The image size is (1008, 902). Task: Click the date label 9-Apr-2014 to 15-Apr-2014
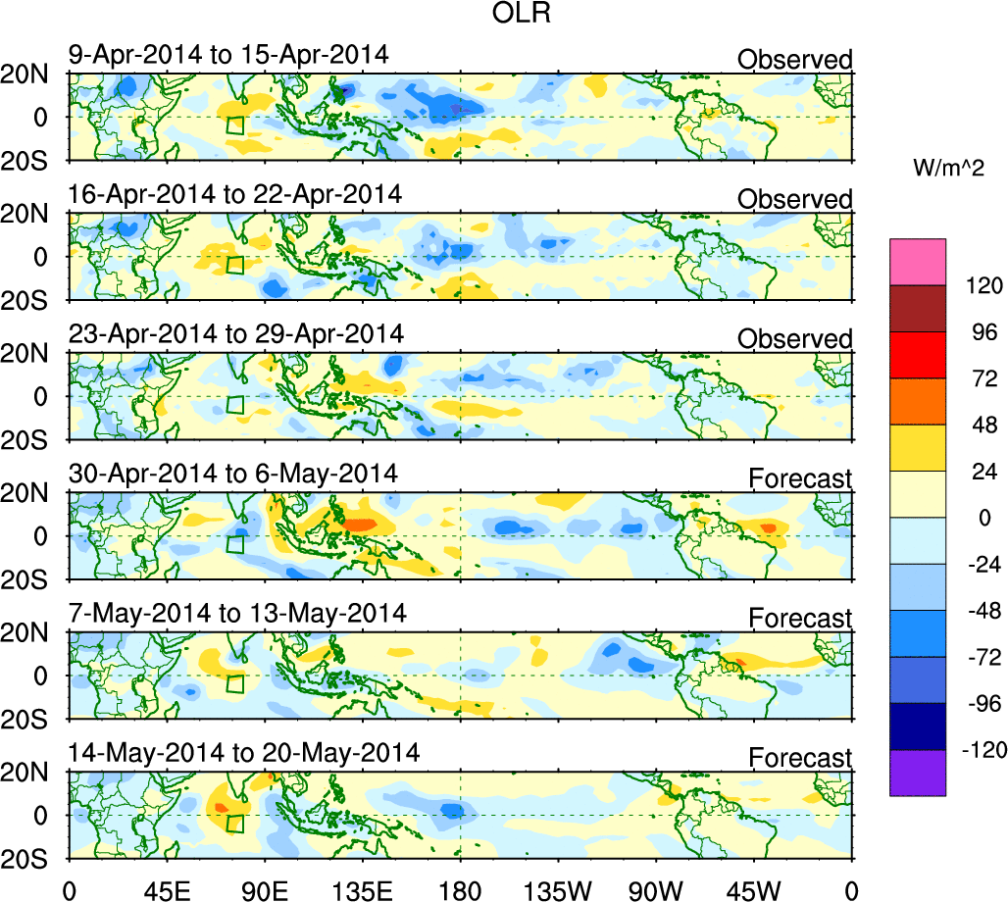pos(227,55)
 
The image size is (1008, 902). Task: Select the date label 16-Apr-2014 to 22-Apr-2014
pos(234,194)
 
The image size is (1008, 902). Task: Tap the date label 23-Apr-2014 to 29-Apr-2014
pos(235,334)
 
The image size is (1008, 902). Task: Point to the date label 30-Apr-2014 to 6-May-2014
pos(232,475)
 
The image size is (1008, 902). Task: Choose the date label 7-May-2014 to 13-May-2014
pos(237,615)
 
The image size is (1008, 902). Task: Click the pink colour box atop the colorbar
pos(918,261)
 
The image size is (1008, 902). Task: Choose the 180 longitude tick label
pos(460,889)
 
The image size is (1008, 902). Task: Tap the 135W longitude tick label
pos(558,889)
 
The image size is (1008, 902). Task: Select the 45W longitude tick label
pos(754,889)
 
